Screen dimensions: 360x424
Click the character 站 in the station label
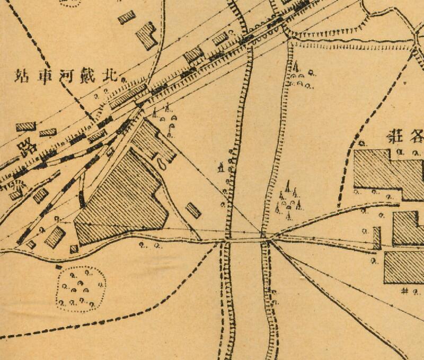(22, 74)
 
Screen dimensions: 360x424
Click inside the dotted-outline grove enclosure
(81, 289)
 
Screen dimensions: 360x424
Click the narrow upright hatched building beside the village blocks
(377, 238)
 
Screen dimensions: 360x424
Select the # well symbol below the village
(405, 291)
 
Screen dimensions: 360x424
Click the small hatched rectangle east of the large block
(193, 210)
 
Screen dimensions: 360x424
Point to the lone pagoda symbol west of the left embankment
(220, 168)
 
